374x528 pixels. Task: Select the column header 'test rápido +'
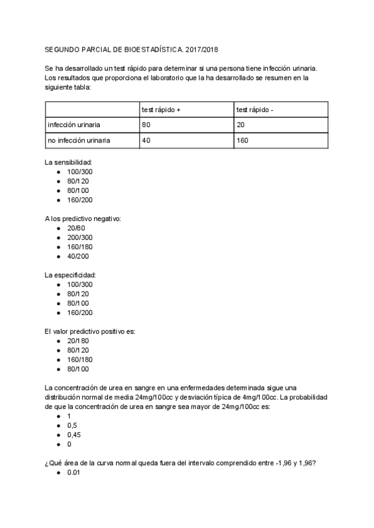tap(161, 110)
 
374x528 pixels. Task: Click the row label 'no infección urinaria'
tap(79, 140)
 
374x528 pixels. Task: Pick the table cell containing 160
tap(242, 140)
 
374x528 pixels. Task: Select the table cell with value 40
tap(146, 140)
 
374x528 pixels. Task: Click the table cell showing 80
tap(146, 125)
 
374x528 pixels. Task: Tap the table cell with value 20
tap(241, 125)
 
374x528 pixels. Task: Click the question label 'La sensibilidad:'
tap(68, 162)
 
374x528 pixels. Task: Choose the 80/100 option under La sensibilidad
tap(78, 190)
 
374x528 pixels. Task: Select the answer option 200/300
tap(80, 237)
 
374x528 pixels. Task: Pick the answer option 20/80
tap(76, 228)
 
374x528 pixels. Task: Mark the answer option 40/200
tap(78, 256)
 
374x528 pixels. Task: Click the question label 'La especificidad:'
tap(70, 275)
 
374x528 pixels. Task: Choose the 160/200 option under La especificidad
tap(80, 313)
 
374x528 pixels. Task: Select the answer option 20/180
tap(78, 341)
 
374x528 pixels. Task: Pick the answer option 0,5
tap(72, 425)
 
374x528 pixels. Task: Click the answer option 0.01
tap(74, 473)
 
